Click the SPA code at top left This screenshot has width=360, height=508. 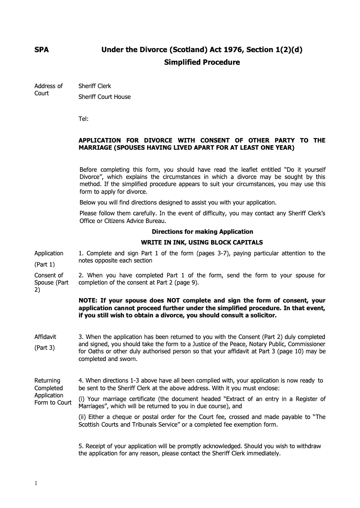click(42, 50)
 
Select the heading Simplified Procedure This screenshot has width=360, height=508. click(202, 62)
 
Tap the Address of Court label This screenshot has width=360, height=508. click(49, 89)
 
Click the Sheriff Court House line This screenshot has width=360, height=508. click(104, 97)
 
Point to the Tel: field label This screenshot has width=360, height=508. click(83, 119)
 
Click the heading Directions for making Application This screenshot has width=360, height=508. click(202, 232)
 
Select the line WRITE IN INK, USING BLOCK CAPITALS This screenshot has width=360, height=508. click(202, 242)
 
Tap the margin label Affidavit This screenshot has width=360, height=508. click(45, 337)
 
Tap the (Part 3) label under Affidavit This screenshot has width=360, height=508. click(45, 348)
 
